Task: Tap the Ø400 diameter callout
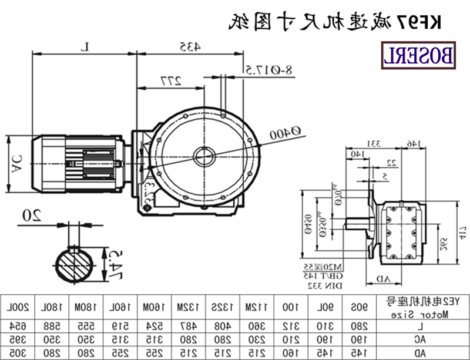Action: point(284,134)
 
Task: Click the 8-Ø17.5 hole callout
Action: point(266,70)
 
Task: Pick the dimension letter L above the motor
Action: point(85,45)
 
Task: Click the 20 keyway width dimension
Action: point(33,216)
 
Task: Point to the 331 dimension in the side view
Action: point(375,143)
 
